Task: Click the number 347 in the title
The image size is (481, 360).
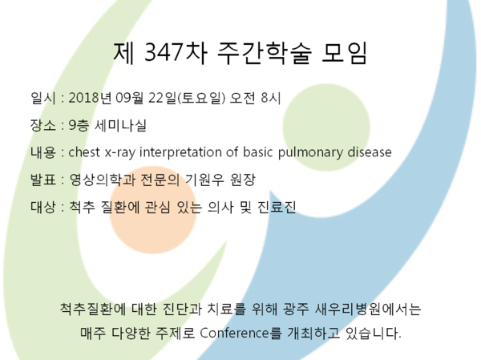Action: pyautogui.click(x=164, y=52)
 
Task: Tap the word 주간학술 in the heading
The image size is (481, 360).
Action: pyautogui.click(x=265, y=53)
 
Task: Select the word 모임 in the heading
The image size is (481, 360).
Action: pyautogui.click(x=344, y=53)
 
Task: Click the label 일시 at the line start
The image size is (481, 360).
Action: pyautogui.click(x=43, y=98)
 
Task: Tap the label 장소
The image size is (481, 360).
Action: pyautogui.click(x=43, y=125)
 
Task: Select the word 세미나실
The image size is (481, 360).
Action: pyautogui.click(x=120, y=125)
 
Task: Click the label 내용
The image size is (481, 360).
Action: pyautogui.click(x=43, y=152)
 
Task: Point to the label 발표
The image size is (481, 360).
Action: pyautogui.click(x=43, y=180)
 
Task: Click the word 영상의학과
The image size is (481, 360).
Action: pyautogui.click(x=102, y=180)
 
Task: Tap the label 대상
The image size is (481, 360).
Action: pyautogui.click(x=43, y=207)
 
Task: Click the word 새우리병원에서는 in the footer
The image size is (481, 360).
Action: pyautogui.click(x=368, y=309)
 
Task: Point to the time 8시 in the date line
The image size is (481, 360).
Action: pyautogui.click(x=271, y=98)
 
